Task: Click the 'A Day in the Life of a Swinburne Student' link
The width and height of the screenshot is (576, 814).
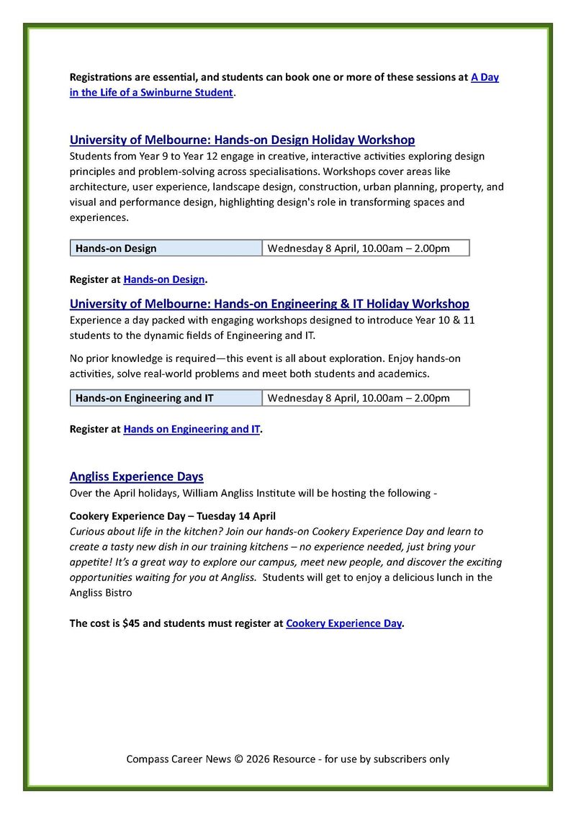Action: (151, 92)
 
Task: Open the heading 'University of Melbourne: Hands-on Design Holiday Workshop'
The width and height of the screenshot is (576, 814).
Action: (242, 140)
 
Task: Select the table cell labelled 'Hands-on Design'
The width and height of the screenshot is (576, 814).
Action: (166, 248)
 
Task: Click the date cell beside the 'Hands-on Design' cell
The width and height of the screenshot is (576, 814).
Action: (366, 248)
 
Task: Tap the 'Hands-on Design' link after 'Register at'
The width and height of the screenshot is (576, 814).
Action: (164, 279)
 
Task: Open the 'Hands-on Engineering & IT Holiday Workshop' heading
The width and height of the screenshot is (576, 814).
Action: (269, 304)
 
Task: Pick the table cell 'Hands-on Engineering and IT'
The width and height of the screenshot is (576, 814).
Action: (166, 398)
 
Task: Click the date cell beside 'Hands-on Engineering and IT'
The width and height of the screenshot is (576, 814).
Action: (366, 398)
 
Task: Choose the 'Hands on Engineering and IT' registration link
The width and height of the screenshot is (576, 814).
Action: (192, 429)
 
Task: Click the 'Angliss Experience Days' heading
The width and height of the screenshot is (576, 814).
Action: (136, 476)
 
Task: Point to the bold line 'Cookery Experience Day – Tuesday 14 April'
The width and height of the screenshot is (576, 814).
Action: (172, 516)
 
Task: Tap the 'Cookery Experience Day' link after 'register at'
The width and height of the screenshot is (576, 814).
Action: (343, 623)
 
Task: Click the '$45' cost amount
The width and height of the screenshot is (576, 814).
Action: (131, 623)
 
